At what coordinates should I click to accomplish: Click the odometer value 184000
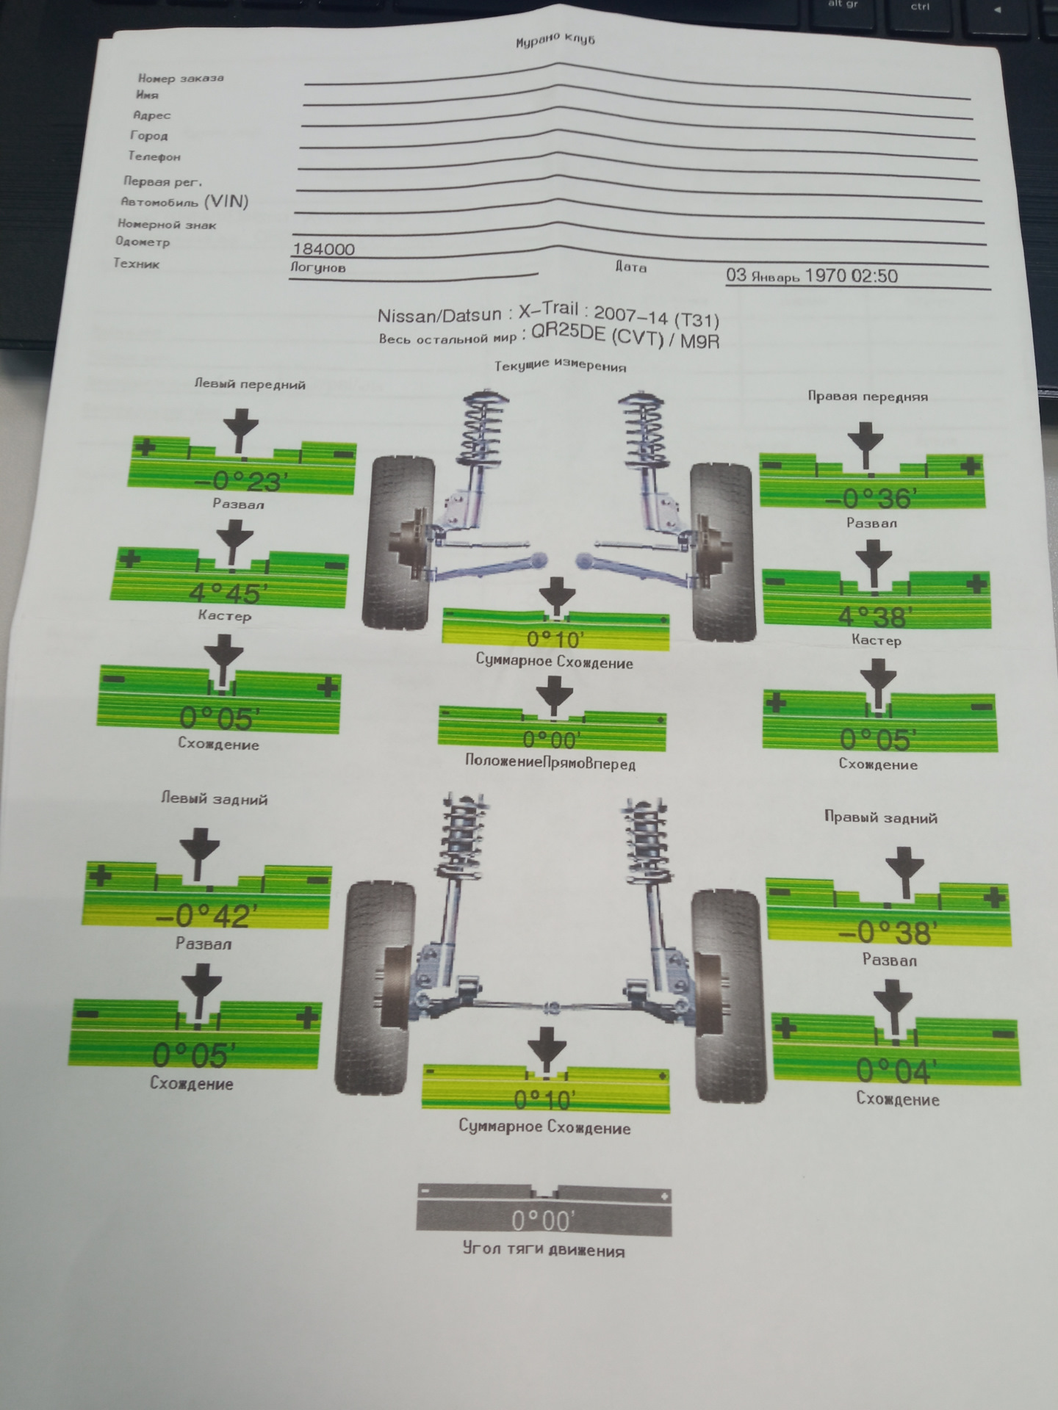click(x=324, y=250)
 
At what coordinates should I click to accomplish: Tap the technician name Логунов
click(x=317, y=268)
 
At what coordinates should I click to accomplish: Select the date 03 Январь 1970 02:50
click(x=812, y=276)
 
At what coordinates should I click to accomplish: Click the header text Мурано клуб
click(x=555, y=40)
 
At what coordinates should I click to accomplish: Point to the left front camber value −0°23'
click(x=240, y=481)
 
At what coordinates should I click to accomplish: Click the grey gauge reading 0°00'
click(x=543, y=1221)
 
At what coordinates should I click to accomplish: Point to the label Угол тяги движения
click(x=544, y=1249)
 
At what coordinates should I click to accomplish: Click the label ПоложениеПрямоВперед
click(x=550, y=762)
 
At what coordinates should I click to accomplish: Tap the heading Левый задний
click(x=215, y=799)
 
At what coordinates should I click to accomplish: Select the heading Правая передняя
click(x=868, y=397)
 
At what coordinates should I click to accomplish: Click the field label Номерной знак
click(x=167, y=225)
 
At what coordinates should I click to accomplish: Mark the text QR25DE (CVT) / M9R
click(x=625, y=338)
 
